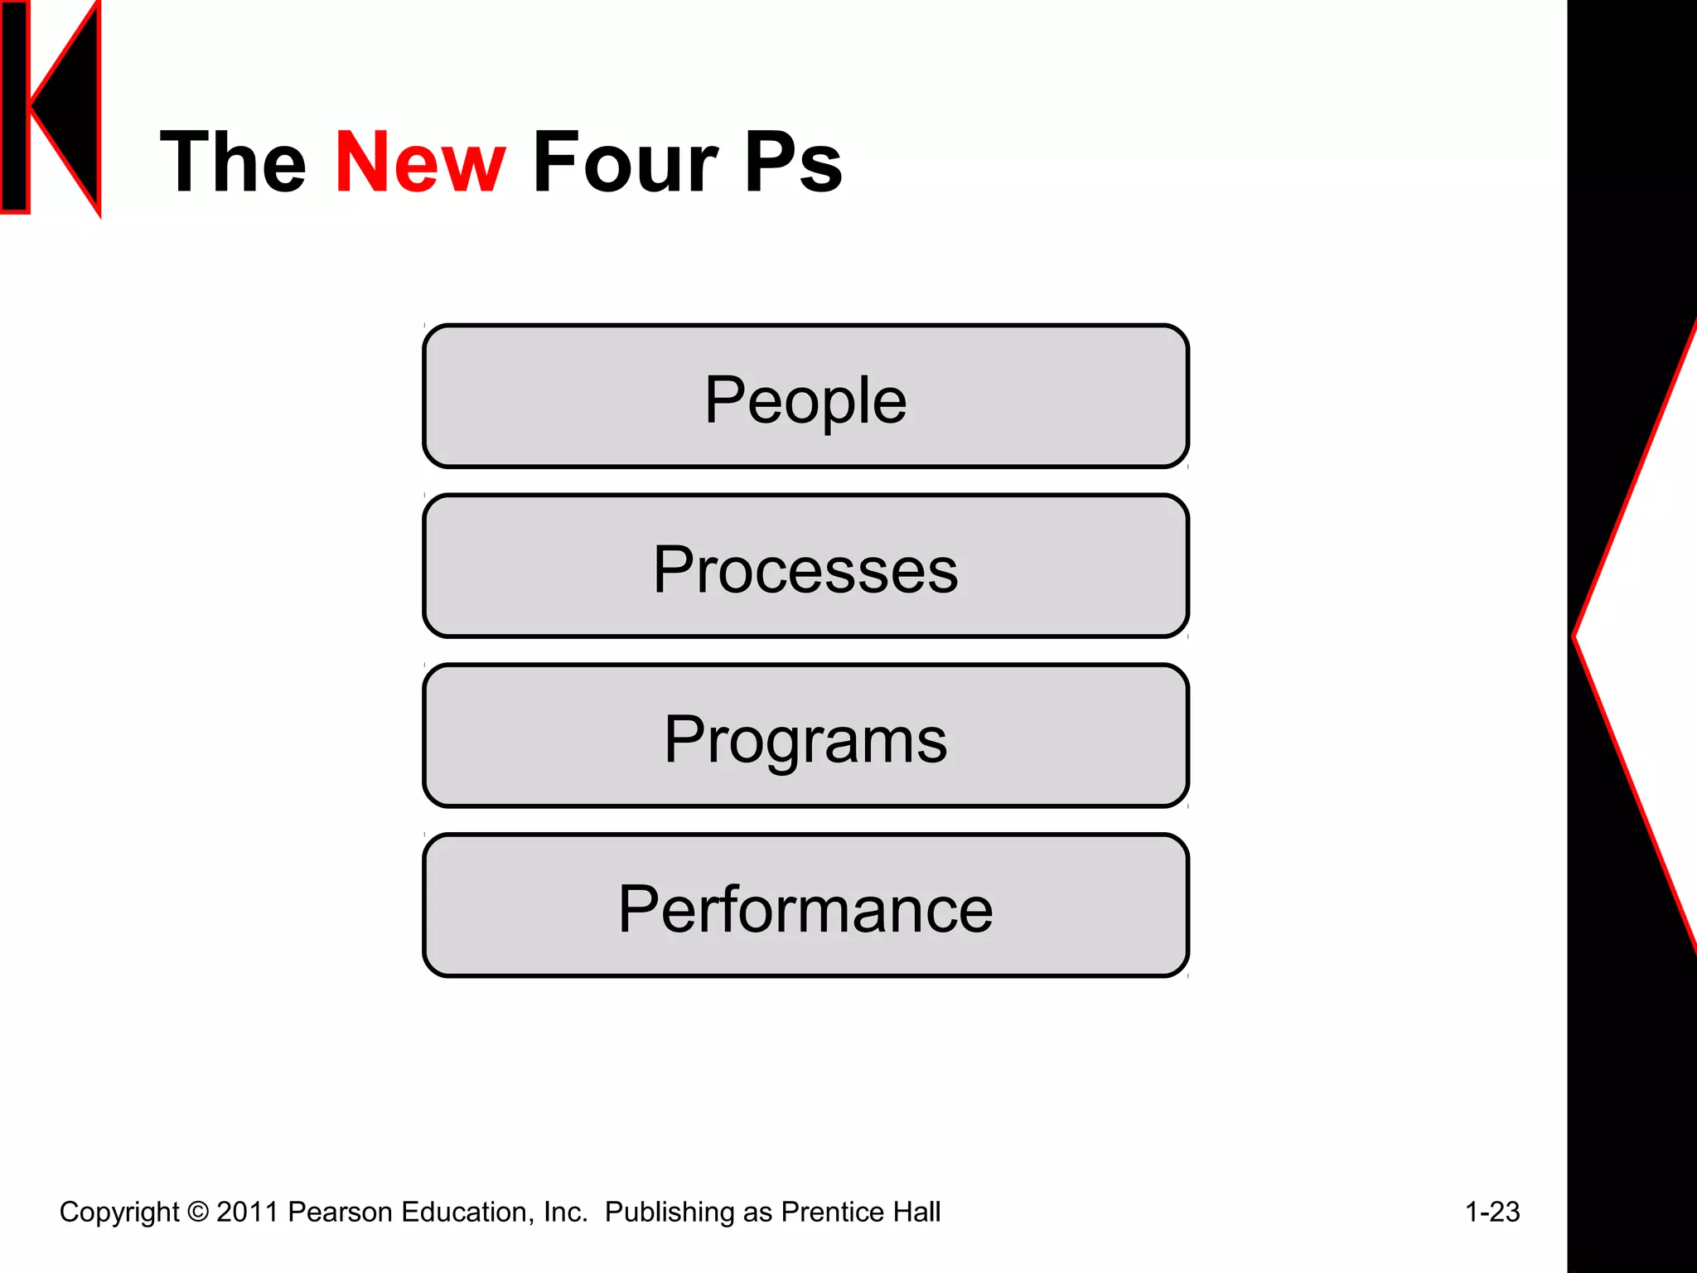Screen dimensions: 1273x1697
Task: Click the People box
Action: tap(805, 397)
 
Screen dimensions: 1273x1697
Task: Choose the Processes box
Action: tap(805, 567)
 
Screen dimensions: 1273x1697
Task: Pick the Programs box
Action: tap(805, 736)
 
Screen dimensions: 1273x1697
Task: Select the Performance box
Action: tap(805, 906)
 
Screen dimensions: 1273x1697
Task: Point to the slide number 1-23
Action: tap(1492, 1212)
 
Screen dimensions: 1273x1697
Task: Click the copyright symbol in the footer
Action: tap(198, 1212)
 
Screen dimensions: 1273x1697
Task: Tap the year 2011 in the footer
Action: tap(247, 1212)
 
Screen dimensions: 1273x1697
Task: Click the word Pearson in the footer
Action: tap(340, 1212)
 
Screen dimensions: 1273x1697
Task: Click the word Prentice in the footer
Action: tap(832, 1212)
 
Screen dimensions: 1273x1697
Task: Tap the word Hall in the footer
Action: tap(916, 1212)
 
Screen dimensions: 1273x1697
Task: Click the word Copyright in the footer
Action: tap(119, 1212)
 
